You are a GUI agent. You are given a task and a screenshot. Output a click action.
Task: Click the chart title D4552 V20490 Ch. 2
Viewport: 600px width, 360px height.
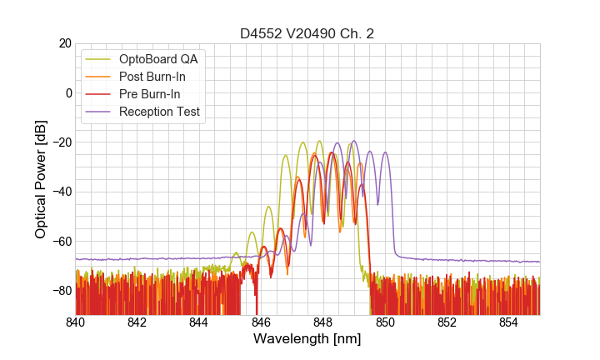[x=307, y=34]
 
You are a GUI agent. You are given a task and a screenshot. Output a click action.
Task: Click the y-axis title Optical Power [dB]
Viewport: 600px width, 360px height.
[x=41, y=179]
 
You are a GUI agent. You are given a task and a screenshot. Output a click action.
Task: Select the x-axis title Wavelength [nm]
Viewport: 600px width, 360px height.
[x=307, y=339]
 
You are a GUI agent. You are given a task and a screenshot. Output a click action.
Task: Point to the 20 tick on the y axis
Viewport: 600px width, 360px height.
[x=63, y=43]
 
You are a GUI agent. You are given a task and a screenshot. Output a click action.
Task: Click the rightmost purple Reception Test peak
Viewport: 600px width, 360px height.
[x=385, y=152]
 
